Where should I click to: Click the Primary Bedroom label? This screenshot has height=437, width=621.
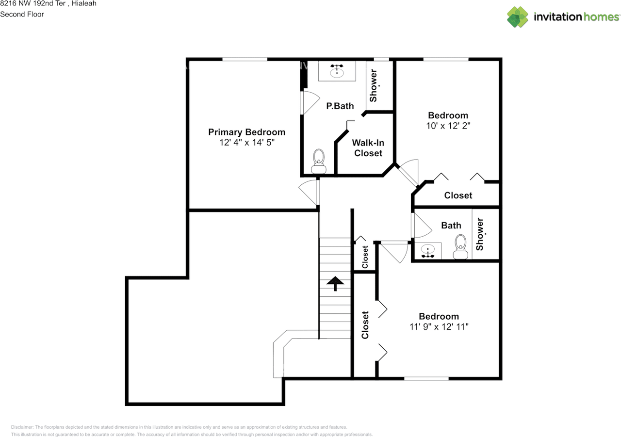(246, 132)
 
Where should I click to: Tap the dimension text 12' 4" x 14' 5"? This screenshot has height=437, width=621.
(246, 143)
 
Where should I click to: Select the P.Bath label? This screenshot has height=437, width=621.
(340, 106)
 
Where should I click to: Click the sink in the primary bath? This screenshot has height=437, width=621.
(337, 72)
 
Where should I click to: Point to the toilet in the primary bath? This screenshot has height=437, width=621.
(319, 161)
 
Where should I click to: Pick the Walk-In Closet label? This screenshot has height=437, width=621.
(368, 148)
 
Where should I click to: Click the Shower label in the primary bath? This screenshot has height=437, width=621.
(373, 86)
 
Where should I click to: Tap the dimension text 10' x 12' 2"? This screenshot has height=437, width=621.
(448, 126)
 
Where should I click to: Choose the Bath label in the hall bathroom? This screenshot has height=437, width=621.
(451, 225)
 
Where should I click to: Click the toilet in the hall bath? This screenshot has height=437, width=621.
(460, 247)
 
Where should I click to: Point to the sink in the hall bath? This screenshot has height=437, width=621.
(428, 251)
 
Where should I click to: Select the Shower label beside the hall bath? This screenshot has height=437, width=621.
(480, 234)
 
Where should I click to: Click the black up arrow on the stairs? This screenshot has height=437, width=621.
(335, 283)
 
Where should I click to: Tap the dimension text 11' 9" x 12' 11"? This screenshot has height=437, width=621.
(439, 327)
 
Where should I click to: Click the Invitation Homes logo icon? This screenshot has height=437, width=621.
(518, 17)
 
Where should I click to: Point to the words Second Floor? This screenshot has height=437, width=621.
(22, 14)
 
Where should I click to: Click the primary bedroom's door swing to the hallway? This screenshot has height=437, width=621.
(309, 193)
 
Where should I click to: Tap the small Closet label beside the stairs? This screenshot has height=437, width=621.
(365, 257)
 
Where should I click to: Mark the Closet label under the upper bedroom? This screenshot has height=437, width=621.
(458, 195)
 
